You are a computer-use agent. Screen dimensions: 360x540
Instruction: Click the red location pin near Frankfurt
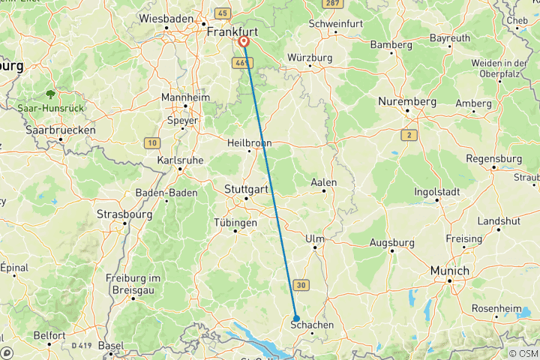click(x=244, y=42)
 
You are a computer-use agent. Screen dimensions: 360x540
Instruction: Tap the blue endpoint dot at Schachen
click(x=296, y=317)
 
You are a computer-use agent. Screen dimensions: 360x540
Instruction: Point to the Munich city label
click(x=449, y=271)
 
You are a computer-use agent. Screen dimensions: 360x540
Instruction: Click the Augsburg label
click(x=391, y=242)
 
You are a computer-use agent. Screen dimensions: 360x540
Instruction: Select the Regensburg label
click(x=493, y=158)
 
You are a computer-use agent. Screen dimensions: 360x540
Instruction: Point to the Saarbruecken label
click(x=59, y=130)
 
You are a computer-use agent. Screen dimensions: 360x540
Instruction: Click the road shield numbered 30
click(x=301, y=284)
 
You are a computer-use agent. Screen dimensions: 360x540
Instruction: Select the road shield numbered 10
click(x=153, y=142)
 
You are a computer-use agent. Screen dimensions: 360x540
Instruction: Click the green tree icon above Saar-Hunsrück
click(x=50, y=94)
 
